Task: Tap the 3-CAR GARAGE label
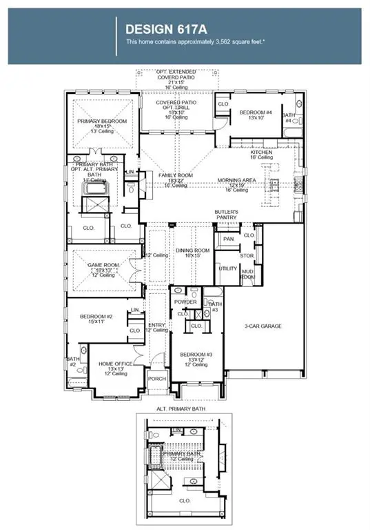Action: (x=263, y=326)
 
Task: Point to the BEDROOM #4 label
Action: (x=256, y=112)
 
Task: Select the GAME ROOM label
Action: (x=103, y=265)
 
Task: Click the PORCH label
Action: (x=157, y=379)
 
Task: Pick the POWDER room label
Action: (x=185, y=302)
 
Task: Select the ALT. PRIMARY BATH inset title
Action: (x=181, y=409)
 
